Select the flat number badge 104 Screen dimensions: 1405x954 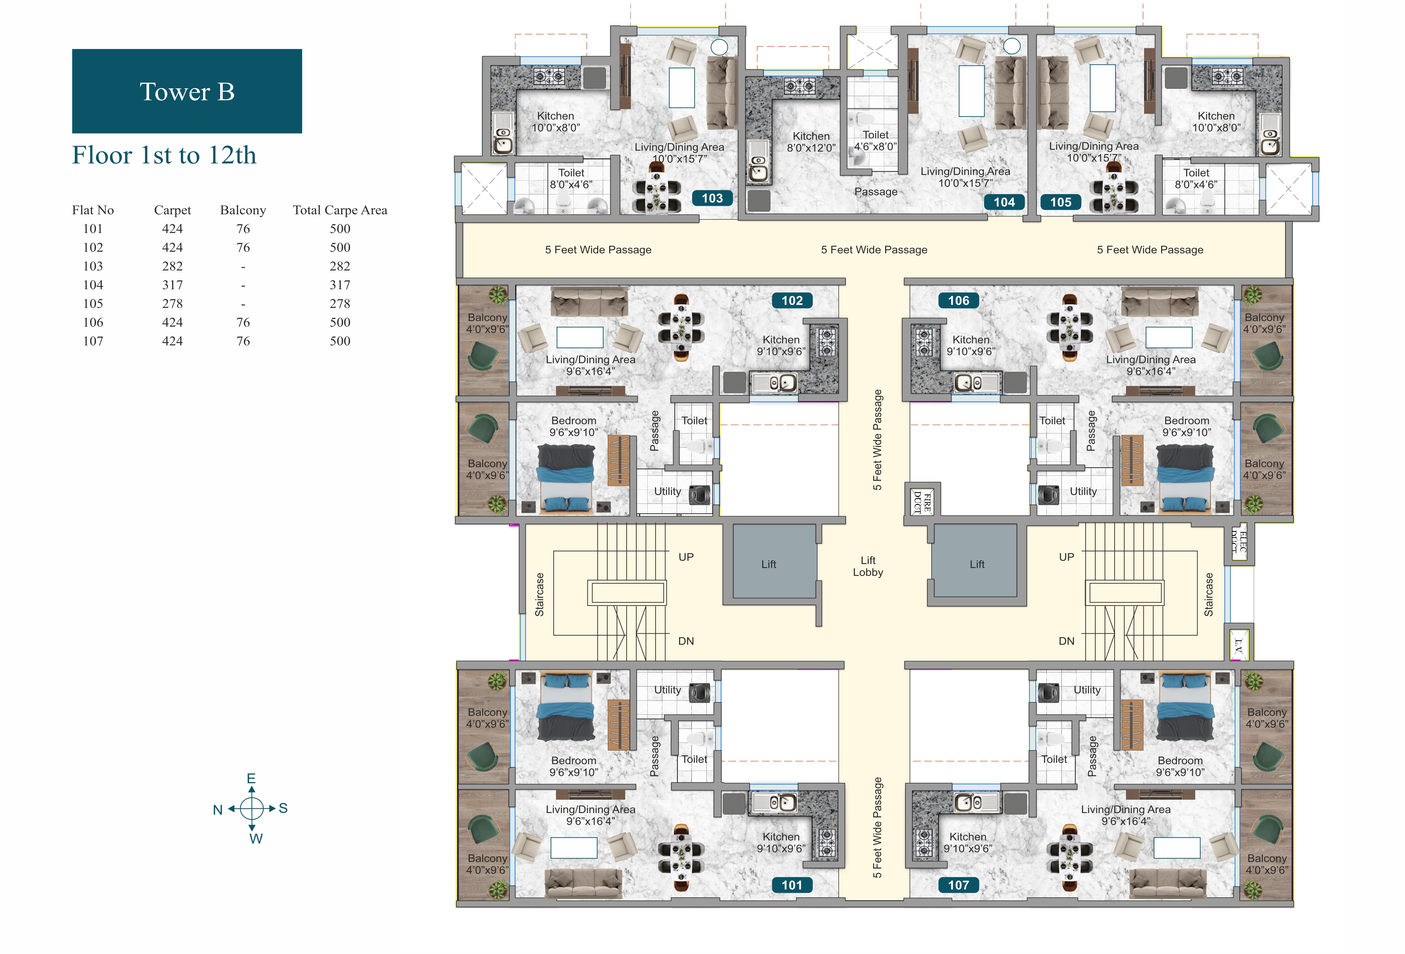coord(1004,202)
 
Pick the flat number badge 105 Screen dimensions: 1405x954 coord(1060,202)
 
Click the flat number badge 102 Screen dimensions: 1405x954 coord(792,301)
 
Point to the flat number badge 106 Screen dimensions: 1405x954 coord(958,301)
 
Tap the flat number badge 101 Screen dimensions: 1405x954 coord(792,885)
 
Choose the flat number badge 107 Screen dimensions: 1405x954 coord(958,885)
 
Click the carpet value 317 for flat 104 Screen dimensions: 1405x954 coord(172,285)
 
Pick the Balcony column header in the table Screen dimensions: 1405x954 coord(243,210)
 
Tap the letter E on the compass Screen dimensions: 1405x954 coord(252,779)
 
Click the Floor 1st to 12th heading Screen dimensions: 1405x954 coord(165,155)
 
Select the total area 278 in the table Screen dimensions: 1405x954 coord(340,304)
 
